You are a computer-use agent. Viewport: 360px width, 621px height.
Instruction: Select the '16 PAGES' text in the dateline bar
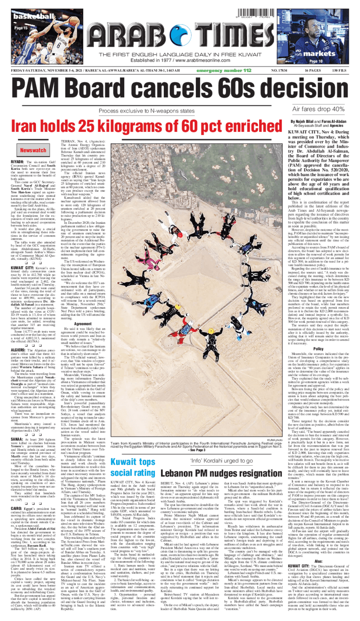(311, 71)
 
